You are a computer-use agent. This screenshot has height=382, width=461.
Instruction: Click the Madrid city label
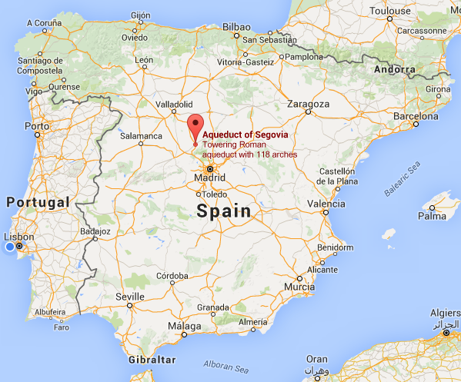tap(209, 178)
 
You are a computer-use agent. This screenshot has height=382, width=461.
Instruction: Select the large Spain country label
tap(223, 211)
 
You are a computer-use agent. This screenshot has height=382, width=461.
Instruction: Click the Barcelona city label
tap(415, 115)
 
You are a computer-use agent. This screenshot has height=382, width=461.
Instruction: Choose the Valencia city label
tap(326, 204)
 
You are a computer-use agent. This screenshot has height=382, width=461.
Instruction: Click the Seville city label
tap(129, 296)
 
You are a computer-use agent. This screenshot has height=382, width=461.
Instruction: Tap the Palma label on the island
tap(432, 216)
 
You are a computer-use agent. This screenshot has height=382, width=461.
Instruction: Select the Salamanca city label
tap(141, 136)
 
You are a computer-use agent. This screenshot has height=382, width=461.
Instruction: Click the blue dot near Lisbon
tap(10, 247)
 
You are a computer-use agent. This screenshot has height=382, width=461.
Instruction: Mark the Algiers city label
tap(446, 314)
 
